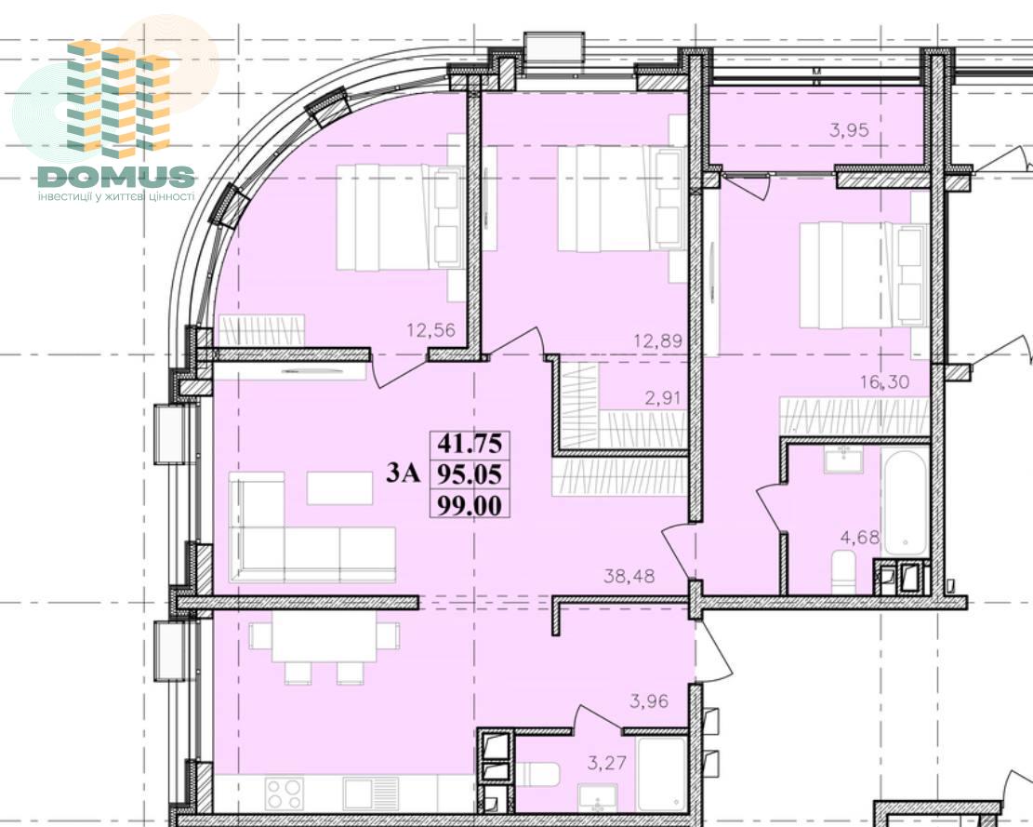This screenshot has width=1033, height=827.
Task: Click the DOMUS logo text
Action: [x=116, y=176]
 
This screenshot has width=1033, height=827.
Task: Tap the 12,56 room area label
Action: [x=431, y=329]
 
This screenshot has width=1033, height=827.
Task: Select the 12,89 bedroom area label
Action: [x=657, y=340]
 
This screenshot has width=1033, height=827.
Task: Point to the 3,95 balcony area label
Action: [x=849, y=130]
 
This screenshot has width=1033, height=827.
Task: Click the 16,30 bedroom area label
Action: [x=885, y=381]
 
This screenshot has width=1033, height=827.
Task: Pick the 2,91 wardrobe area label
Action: [x=660, y=397]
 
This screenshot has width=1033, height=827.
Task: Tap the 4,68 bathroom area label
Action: [x=860, y=537]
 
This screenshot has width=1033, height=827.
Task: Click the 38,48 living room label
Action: [x=629, y=576]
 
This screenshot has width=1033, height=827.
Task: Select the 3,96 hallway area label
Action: [x=649, y=701]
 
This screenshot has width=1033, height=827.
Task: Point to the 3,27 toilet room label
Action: [x=607, y=764]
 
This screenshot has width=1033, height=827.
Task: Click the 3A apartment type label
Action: [x=403, y=474]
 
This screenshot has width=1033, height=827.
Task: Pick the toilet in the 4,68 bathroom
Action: [x=844, y=571]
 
